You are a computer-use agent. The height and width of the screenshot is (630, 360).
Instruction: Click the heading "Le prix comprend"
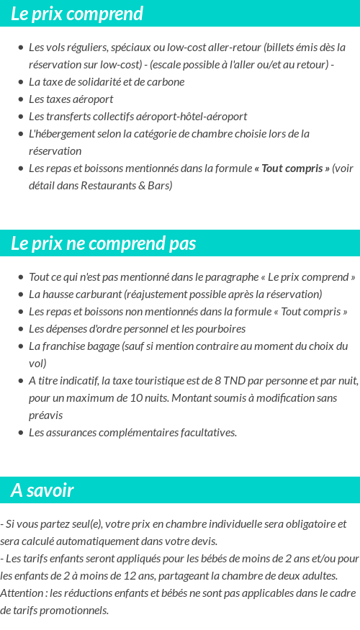pos(77,14)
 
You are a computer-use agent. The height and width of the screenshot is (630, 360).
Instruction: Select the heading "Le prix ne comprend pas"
pos(103,243)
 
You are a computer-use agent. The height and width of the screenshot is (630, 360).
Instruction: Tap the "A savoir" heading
pos(42,490)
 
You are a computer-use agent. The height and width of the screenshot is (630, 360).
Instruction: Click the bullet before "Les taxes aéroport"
pos(21,99)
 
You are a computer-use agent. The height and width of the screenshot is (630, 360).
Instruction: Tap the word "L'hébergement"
pos(60,133)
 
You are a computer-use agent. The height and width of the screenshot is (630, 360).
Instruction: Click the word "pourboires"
pos(220,328)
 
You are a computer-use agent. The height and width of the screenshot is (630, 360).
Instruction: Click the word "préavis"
pos(45,415)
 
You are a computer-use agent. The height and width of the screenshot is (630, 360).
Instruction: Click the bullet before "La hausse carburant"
pos(21,294)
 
